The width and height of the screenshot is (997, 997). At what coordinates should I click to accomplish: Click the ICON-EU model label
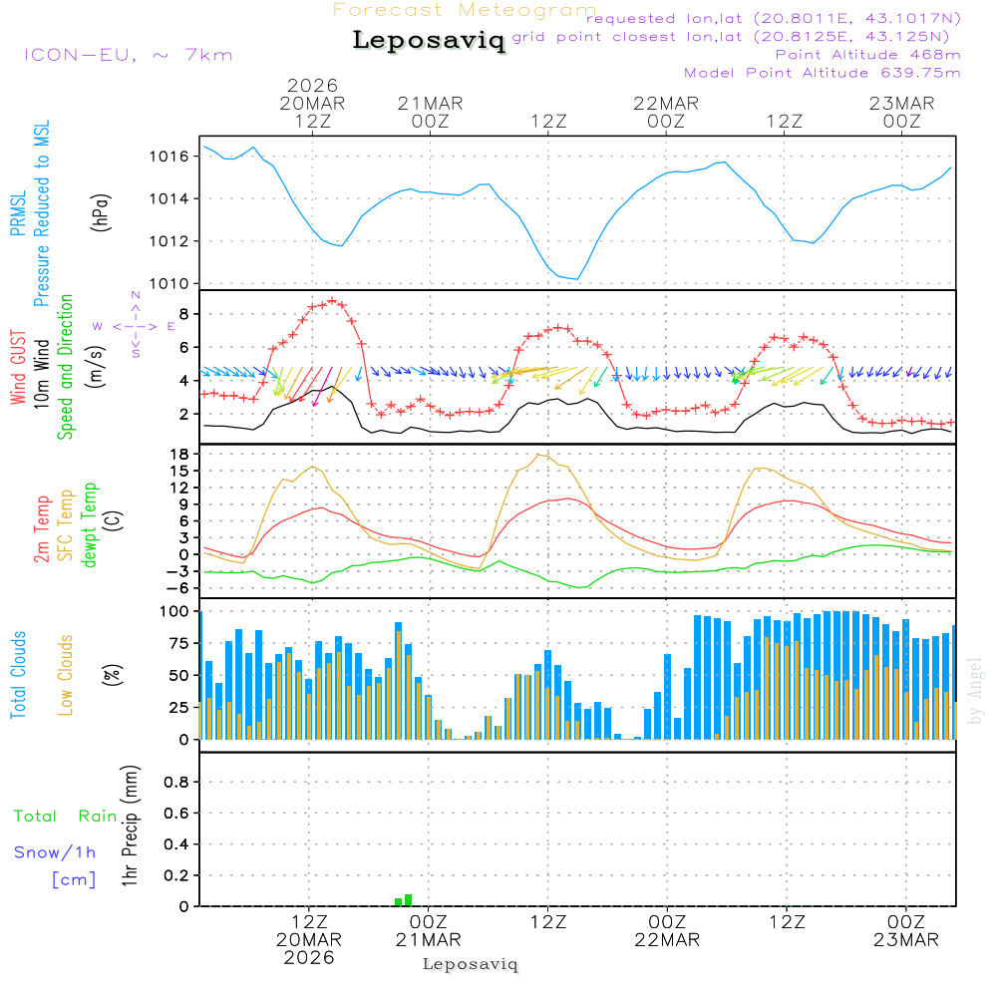point(127,55)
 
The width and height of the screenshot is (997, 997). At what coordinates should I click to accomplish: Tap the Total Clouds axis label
point(18,675)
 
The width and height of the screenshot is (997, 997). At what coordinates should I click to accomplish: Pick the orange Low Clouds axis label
point(66,675)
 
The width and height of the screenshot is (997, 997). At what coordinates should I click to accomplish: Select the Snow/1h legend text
point(55,852)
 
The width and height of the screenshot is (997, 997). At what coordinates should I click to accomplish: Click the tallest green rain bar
point(408,900)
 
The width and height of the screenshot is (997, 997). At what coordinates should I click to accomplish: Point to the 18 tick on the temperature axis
point(181,455)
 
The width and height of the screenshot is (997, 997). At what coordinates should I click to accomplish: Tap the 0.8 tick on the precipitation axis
point(176,783)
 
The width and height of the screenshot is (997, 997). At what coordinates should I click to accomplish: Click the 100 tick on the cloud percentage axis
point(174,611)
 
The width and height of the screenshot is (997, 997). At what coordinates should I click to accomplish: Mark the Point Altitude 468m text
point(867,54)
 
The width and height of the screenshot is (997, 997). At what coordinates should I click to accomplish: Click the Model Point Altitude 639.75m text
point(823,72)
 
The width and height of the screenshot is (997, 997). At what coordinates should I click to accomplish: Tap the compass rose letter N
point(136,296)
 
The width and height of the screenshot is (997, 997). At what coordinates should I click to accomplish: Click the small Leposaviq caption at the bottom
point(471,964)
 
